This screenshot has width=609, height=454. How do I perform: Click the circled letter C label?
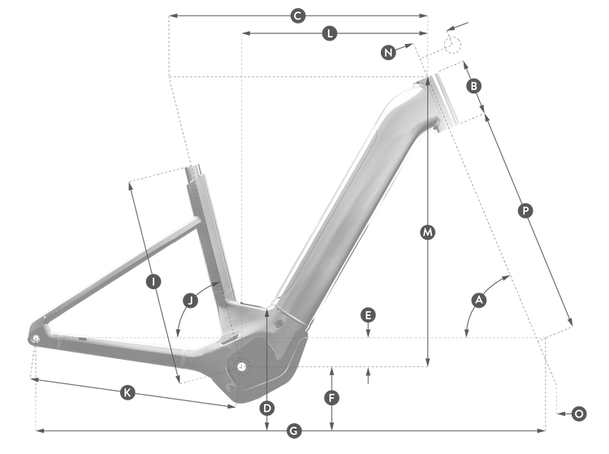coord(298,16)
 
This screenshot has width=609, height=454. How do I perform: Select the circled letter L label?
coord(330,33)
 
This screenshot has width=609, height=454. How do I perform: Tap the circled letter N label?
coord(388,52)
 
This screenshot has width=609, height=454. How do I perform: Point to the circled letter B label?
coord(474,86)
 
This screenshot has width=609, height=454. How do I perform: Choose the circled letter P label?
coord(525,211)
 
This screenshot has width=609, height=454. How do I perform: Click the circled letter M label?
coord(428,232)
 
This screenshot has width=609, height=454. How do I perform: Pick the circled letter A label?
coord(479,301)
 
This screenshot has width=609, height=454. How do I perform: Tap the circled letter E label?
coord(368,315)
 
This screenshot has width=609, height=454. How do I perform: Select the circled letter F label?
coord(331,398)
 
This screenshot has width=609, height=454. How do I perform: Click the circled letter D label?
coord(267,409)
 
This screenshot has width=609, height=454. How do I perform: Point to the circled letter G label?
coord(294,430)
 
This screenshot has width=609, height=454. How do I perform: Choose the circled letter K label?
coord(127,392)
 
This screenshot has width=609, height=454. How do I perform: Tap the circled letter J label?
coord(190,301)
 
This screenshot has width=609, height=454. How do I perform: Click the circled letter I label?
coord(153,282)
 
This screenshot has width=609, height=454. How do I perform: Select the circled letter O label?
coord(579,413)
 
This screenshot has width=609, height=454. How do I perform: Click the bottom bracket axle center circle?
coord(242,365)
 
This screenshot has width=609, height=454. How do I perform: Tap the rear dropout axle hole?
coord(36,339)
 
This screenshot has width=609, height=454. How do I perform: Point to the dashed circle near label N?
coord(452,44)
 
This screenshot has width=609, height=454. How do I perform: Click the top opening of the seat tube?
coord(193,169)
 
